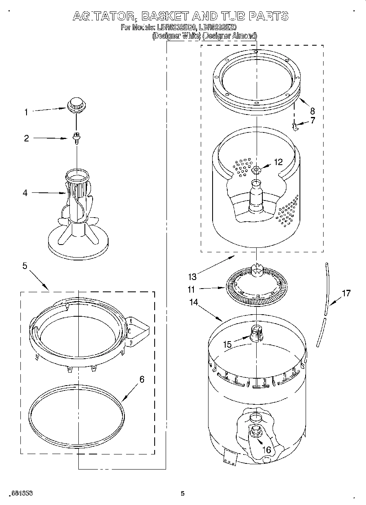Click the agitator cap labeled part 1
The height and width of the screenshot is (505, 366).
(x=75, y=104)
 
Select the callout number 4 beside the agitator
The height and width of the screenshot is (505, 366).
(x=25, y=193)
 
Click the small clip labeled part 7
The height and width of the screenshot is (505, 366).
(x=295, y=127)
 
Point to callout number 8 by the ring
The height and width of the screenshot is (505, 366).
(x=313, y=110)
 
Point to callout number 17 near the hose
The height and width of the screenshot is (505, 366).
(x=346, y=293)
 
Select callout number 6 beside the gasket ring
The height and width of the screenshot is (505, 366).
(x=142, y=379)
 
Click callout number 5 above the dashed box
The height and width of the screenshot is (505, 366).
(x=25, y=266)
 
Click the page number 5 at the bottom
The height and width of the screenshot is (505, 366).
(x=183, y=494)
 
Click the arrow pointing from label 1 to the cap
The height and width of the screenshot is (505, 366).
(x=49, y=109)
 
